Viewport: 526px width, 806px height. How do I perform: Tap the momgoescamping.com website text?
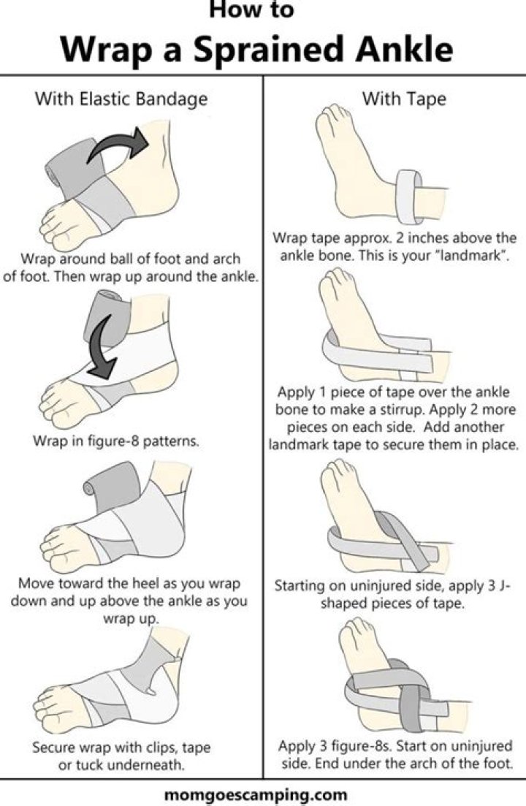coord(263,792)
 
